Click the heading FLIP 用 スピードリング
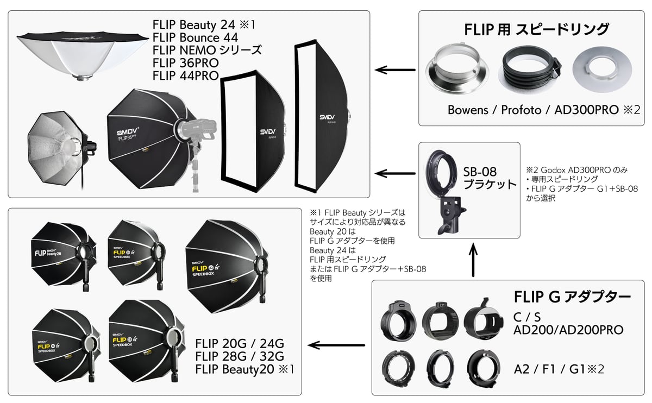click(536, 29)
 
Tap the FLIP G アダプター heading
click(572, 297)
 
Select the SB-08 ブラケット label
click(489, 177)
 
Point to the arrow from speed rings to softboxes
click(395, 70)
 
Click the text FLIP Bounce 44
click(195, 38)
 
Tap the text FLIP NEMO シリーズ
click(207, 51)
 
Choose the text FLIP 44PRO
click(185, 75)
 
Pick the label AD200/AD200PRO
click(568, 330)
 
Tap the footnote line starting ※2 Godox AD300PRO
click(576, 170)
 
